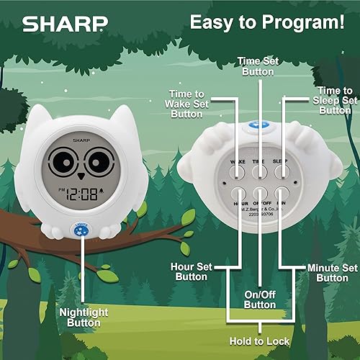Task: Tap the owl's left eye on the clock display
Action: (72, 161)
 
